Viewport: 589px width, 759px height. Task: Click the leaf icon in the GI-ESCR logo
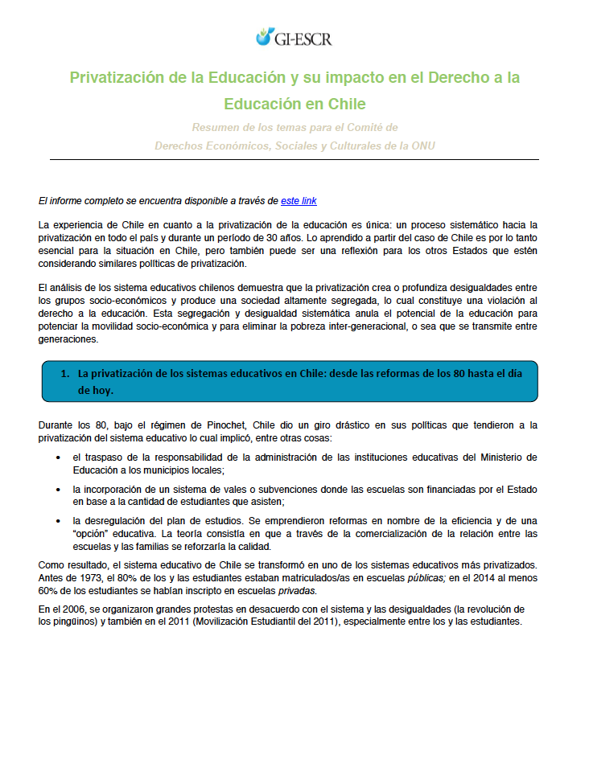click(264, 36)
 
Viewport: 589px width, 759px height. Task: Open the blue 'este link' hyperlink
click(304, 200)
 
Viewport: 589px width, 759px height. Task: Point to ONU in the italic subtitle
click(422, 146)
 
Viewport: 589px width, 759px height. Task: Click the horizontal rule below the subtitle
click(294, 159)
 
